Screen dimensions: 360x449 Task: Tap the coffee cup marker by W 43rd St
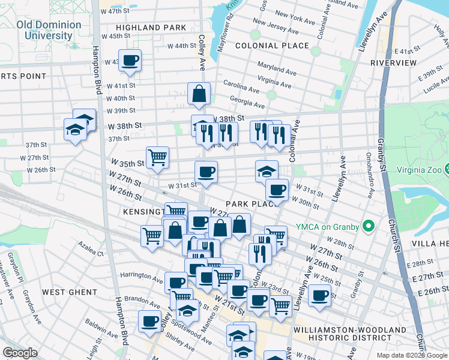tap(130, 60)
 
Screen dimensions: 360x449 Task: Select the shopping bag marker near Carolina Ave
tap(199, 94)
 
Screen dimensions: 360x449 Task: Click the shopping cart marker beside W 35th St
tap(157, 158)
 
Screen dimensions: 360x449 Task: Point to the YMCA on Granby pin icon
tap(369, 226)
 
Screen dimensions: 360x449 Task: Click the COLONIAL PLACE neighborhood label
tap(272, 46)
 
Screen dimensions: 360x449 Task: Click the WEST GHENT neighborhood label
tap(70, 292)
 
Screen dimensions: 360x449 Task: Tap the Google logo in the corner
tap(20, 353)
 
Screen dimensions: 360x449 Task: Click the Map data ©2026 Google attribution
tap(412, 355)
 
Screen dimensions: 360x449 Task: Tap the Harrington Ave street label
tap(142, 275)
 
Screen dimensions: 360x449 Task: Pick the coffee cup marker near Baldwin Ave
tap(149, 320)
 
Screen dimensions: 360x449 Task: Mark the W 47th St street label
tap(115, 11)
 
